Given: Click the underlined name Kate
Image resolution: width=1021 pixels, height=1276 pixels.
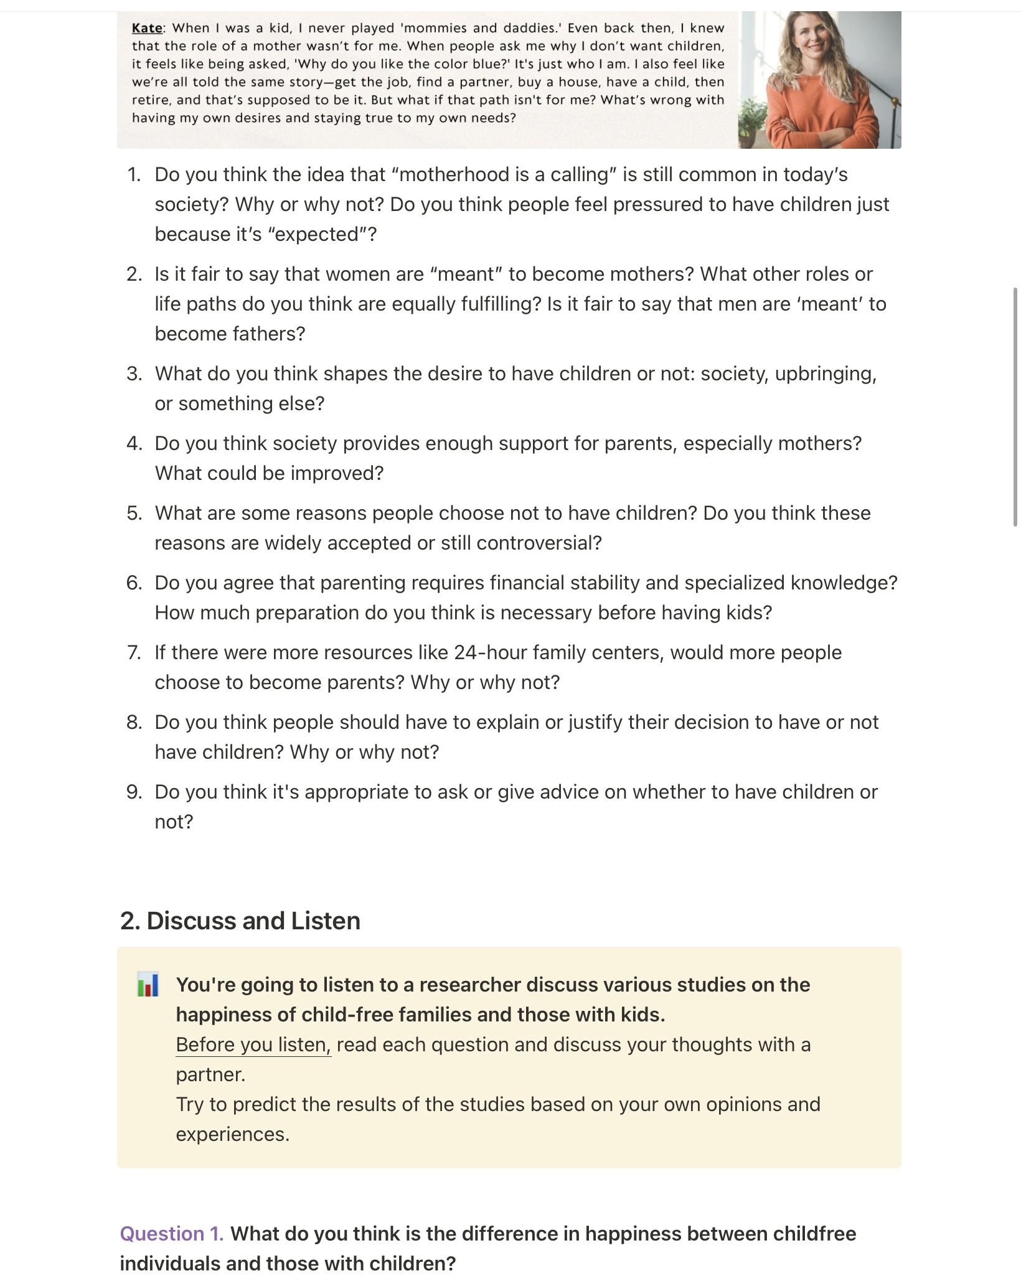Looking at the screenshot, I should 147,28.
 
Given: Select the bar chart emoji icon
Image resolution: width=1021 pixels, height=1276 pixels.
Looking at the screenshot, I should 148,984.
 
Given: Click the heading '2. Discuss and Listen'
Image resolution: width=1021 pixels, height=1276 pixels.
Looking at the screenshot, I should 240,921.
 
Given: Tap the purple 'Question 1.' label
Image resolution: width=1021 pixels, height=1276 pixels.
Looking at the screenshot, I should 171,1233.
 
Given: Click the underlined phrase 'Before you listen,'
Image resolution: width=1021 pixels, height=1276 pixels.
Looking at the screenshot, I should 253,1044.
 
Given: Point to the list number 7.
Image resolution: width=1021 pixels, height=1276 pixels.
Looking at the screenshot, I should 134,652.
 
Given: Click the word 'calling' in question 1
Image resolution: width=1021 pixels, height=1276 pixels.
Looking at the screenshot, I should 579,174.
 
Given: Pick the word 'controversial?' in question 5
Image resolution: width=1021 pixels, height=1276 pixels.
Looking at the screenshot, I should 539,543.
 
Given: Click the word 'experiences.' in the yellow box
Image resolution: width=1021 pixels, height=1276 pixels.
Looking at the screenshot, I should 233,1133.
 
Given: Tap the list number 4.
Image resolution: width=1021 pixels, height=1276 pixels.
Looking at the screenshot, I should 134,443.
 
